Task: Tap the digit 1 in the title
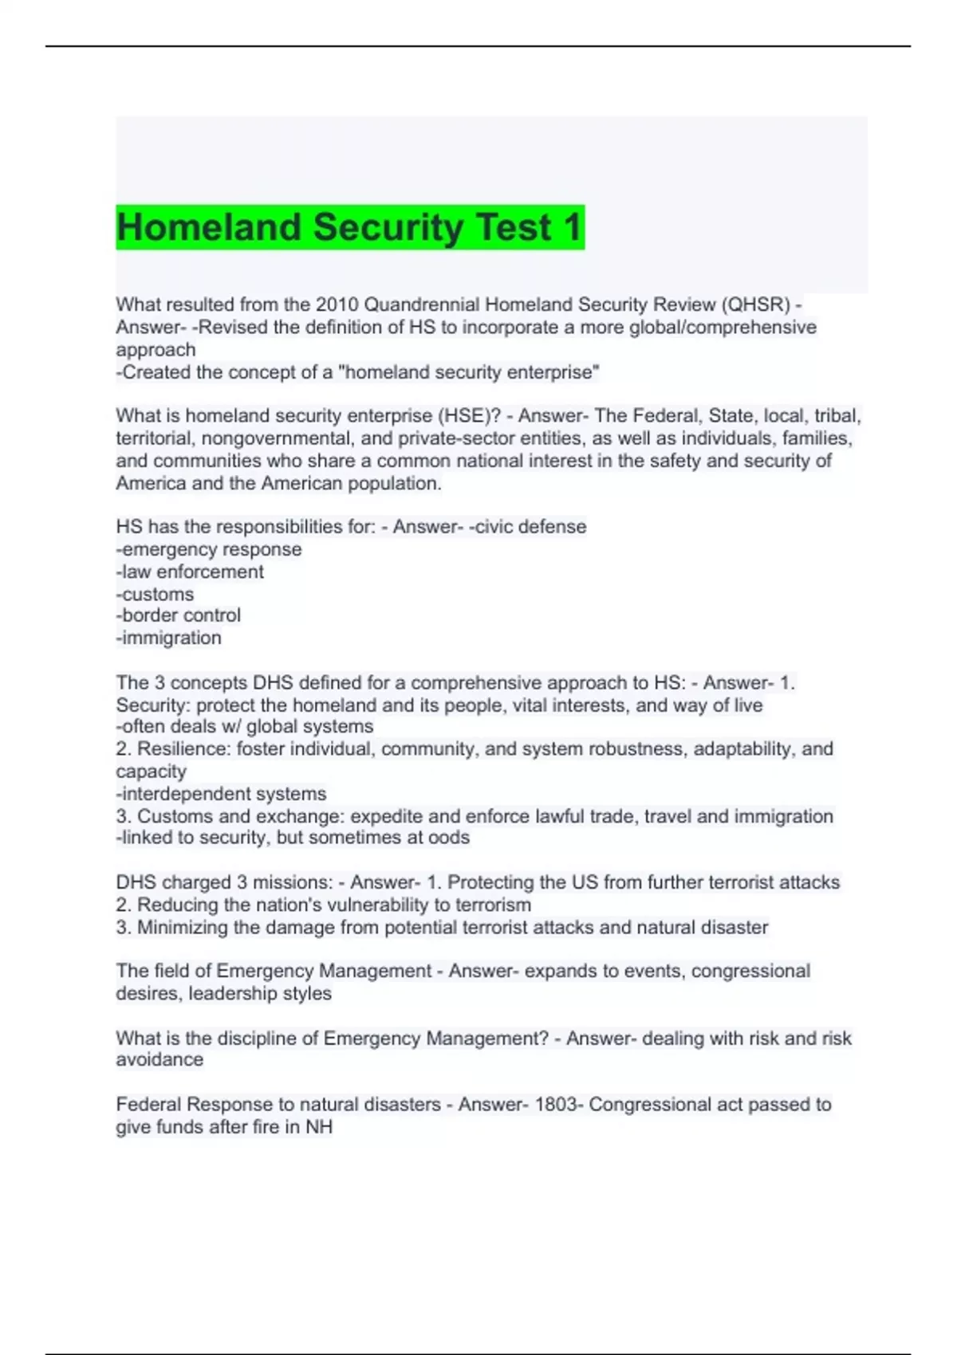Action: pyautogui.click(x=572, y=227)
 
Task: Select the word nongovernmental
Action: pyautogui.click(x=278, y=438)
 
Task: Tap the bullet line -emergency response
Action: pyautogui.click(x=209, y=549)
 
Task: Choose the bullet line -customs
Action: pyautogui.click(x=155, y=595)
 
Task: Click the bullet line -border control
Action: pyautogui.click(x=178, y=615)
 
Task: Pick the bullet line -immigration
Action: pyautogui.click(x=168, y=638)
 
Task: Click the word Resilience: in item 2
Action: pyautogui.click(x=184, y=749)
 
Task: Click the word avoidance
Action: pyautogui.click(x=159, y=1060)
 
